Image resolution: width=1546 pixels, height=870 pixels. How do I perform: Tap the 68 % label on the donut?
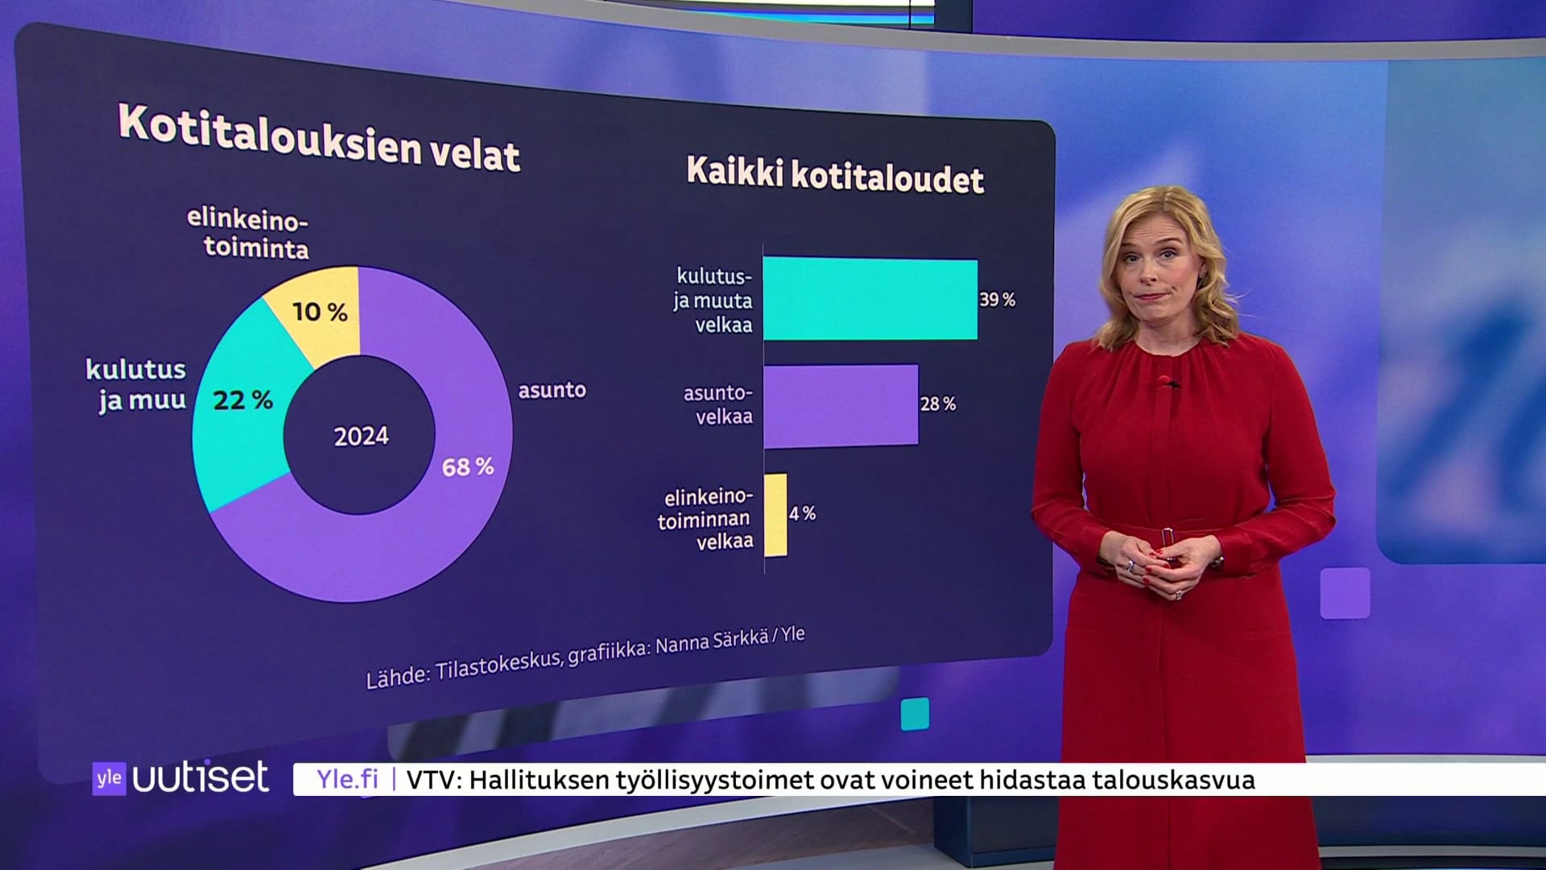(467, 466)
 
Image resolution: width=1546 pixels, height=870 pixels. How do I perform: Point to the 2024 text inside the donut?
(361, 436)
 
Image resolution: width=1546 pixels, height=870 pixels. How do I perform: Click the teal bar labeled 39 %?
(870, 299)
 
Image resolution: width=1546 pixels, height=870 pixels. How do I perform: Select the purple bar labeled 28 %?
(840, 405)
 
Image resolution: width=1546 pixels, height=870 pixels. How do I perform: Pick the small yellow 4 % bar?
(775, 515)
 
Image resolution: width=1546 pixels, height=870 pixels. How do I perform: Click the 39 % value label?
(997, 300)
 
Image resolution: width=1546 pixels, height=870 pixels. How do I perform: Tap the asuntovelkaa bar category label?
(717, 404)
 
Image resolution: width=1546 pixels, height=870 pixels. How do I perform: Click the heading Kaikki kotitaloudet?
(834, 174)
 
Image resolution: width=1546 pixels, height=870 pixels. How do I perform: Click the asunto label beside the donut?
(552, 391)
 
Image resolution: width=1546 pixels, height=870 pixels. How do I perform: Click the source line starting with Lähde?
(585, 657)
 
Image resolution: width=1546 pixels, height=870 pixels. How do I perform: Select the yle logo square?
(109, 778)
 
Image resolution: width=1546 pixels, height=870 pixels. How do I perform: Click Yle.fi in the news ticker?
(346, 779)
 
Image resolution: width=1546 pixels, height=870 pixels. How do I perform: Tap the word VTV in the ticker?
(433, 780)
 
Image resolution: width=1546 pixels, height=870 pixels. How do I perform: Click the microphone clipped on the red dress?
(1164, 381)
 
